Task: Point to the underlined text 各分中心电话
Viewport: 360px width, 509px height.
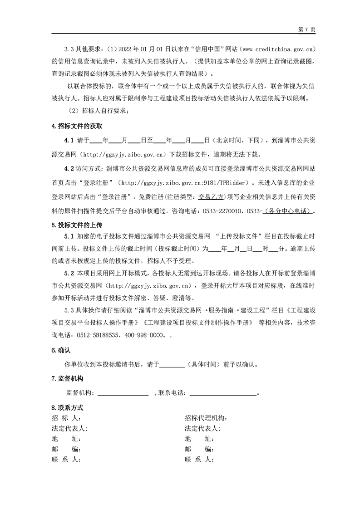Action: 291,211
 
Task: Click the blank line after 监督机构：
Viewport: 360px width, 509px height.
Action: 123,393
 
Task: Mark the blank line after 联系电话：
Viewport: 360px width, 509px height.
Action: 223,393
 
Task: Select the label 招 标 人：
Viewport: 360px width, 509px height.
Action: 66,418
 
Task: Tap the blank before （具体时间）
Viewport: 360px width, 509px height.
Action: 172,364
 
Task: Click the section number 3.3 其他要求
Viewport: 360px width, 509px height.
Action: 84,49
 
